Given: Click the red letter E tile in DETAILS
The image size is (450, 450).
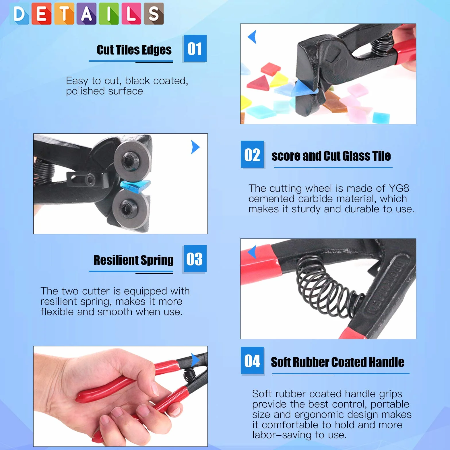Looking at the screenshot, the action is [42, 13].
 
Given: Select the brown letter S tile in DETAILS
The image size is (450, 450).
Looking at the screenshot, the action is [154, 13].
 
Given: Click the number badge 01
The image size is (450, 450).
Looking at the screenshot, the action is [195, 48].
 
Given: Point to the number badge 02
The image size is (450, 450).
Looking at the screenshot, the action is [252, 154].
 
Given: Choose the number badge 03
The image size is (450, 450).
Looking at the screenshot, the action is [195, 259].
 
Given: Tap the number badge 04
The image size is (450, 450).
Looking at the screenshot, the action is [252, 360].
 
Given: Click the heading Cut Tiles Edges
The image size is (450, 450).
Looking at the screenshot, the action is [134, 50].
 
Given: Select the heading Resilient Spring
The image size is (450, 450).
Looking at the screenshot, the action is [133, 260].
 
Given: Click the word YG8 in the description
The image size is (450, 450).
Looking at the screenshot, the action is [399, 188].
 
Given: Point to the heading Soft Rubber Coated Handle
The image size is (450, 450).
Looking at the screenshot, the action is [338, 362].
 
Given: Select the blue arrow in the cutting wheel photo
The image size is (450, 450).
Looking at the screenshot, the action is [195, 147].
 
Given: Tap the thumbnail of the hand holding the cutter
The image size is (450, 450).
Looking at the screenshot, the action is [121, 396].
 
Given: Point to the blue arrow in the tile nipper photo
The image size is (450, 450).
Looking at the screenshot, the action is [252, 37].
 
